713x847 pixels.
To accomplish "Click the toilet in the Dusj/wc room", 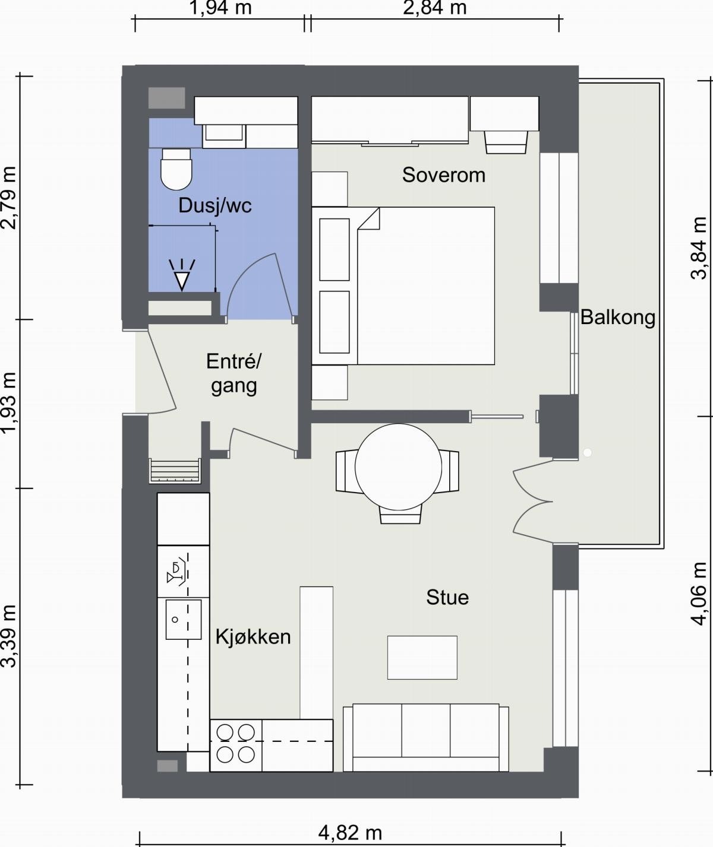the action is coord(176,169).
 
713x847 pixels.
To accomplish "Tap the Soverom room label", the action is coord(444,175).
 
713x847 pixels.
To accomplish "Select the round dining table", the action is coord(398,467).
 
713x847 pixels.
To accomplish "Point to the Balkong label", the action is coord(617,317).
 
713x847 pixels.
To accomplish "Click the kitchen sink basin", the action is coord(184,620).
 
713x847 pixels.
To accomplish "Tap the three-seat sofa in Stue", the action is coord(426,738).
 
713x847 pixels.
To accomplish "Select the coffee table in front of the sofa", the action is coord(422,658).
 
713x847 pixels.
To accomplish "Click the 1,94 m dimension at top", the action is coord(220,8).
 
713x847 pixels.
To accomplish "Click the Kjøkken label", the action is coord(253,637).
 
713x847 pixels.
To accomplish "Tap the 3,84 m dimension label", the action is coord(699,248).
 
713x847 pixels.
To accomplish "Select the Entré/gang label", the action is coord(234,373).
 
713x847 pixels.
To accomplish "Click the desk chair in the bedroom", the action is coord(506,142).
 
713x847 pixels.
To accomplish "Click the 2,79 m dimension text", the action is coord(10,198).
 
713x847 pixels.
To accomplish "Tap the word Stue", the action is coord(447,598).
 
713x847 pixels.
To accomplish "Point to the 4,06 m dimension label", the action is coord(699,594).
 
